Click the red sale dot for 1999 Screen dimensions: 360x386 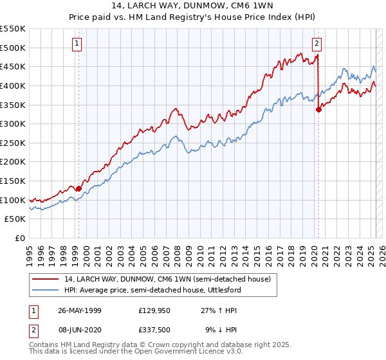[79, 188]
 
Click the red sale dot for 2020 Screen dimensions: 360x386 [318, 109]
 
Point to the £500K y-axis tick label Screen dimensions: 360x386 [13, 48]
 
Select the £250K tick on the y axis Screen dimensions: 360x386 [13, 143]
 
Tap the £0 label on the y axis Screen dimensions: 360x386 [21, 238]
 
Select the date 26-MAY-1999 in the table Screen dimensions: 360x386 [80, 310]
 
